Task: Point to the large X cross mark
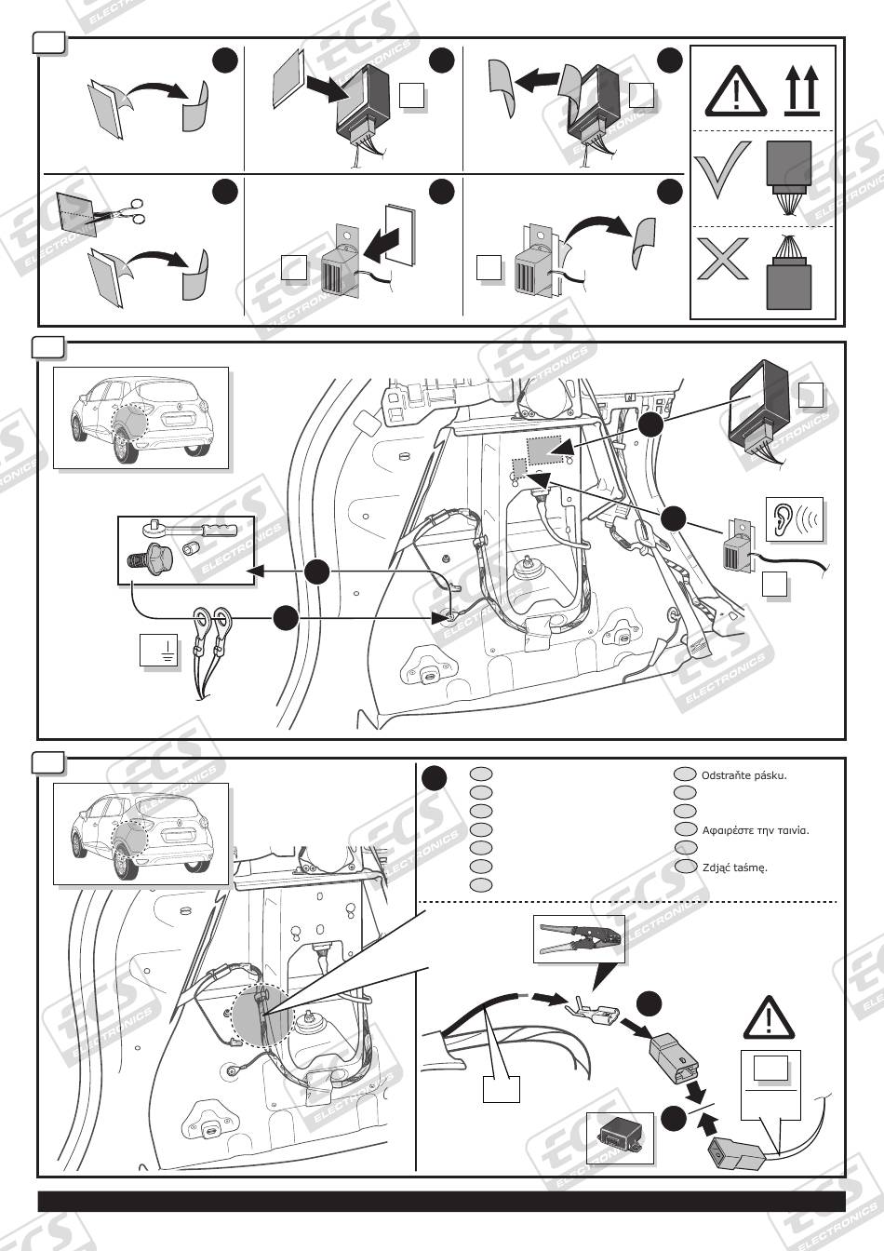point(722,259)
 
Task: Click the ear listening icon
point(795,521)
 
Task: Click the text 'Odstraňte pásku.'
point(743,774)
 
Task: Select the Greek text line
point(755,829)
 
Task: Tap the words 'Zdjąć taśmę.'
point(734,867)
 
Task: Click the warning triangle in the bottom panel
point(770,1017)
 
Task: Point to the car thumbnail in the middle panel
point(140,417)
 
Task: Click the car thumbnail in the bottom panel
point(140,833)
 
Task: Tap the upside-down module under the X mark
point(788,280)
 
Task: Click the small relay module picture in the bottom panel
point(621,1137)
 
